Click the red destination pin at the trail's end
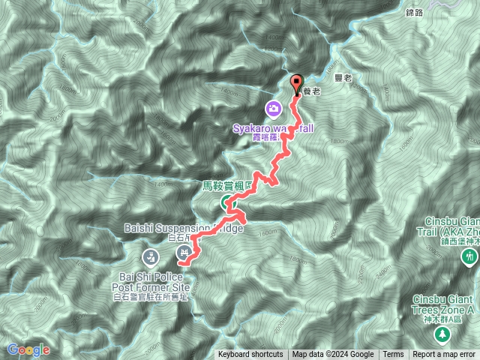[x=295, y=85]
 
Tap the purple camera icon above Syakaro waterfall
[x=274, y=109]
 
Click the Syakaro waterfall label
[x=272, y=128]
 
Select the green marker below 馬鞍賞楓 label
[x=226, y=202]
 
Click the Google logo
[x=28, y=349]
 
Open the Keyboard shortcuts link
[x=250, y=355]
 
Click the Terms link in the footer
[x=393, y=355]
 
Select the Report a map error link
[x=444, y=355]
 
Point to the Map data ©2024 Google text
[x=333, y=355]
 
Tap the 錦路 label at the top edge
[x=415, y=13]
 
